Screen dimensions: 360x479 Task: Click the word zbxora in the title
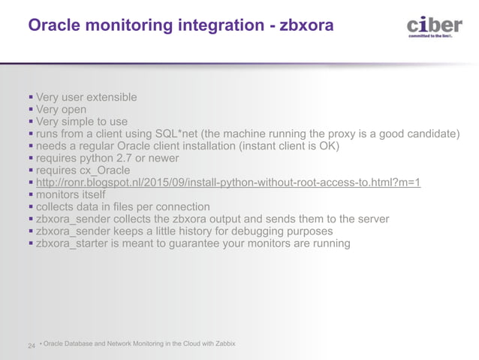pyautogui.click(x=306, y=26)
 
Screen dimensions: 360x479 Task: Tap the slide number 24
pyautogui.click(x=32, y=346)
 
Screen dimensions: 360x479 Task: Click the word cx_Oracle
pyautogui.click(x=105, y=170)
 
